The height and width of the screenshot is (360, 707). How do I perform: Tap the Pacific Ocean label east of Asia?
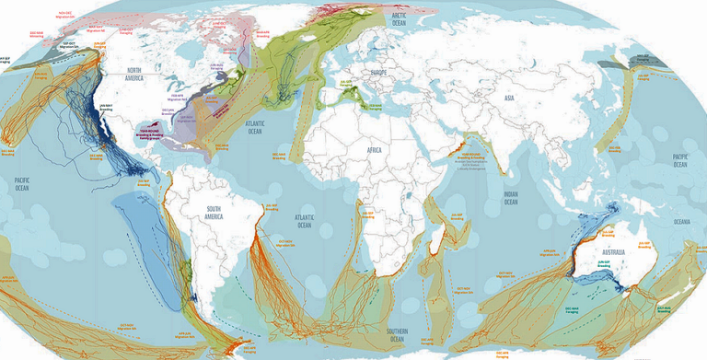[680, 158]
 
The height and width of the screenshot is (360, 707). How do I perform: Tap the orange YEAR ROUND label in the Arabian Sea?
[471, 156]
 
